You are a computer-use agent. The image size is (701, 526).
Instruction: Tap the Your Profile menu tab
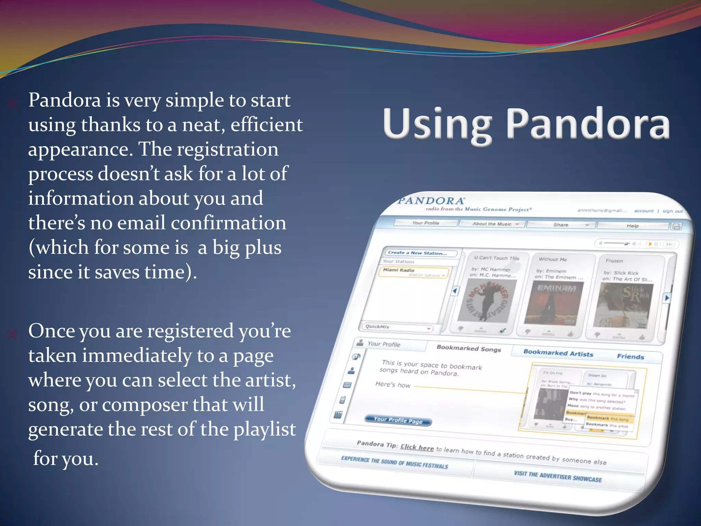coord(425,223)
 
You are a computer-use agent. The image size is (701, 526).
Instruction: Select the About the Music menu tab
coord(492,224)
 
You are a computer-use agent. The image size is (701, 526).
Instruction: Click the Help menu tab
coord(633,226)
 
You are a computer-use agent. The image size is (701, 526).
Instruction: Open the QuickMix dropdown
coord(397,327)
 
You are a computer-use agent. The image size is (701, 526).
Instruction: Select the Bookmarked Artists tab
coord(558,353)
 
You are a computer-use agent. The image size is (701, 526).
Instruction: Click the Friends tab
coord(630,356)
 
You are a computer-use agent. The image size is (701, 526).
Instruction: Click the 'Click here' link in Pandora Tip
coord(417,447)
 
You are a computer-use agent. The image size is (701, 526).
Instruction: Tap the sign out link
coord(672,211)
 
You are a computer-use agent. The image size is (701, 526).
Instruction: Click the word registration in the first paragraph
coord(227,150)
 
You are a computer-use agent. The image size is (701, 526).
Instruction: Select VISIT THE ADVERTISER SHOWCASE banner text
coord(558,476)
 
